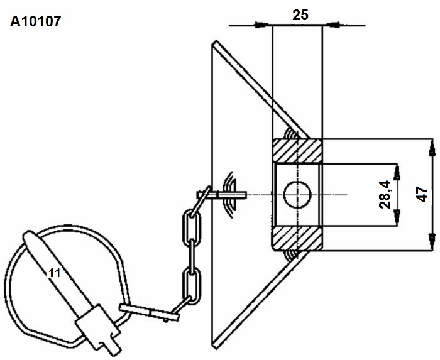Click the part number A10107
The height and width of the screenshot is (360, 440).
(36, 21)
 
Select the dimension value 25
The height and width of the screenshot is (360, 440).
(300, 15)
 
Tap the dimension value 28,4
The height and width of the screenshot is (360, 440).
(385, 195)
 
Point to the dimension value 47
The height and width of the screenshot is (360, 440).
(422, 194)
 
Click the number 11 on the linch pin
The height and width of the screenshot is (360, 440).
(55, 273)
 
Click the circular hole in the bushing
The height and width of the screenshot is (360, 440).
(297, 195)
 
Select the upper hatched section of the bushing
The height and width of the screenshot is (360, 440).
(297, 151)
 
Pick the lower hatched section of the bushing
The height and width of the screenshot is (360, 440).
(297, 238)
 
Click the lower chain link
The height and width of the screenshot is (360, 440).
(192, 286)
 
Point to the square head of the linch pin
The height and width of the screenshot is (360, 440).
(97, 327)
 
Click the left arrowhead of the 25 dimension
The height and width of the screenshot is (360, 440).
(261, 25)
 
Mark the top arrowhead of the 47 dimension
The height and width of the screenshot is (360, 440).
(432, 149)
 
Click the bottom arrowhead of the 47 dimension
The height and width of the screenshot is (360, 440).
(432, 241)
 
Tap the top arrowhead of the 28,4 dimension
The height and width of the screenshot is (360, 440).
(397, 172)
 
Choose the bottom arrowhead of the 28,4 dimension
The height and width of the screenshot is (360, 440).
(397, 217)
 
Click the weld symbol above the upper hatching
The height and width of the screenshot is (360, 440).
(292, 133)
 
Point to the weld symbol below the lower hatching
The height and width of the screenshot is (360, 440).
(291, 256)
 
